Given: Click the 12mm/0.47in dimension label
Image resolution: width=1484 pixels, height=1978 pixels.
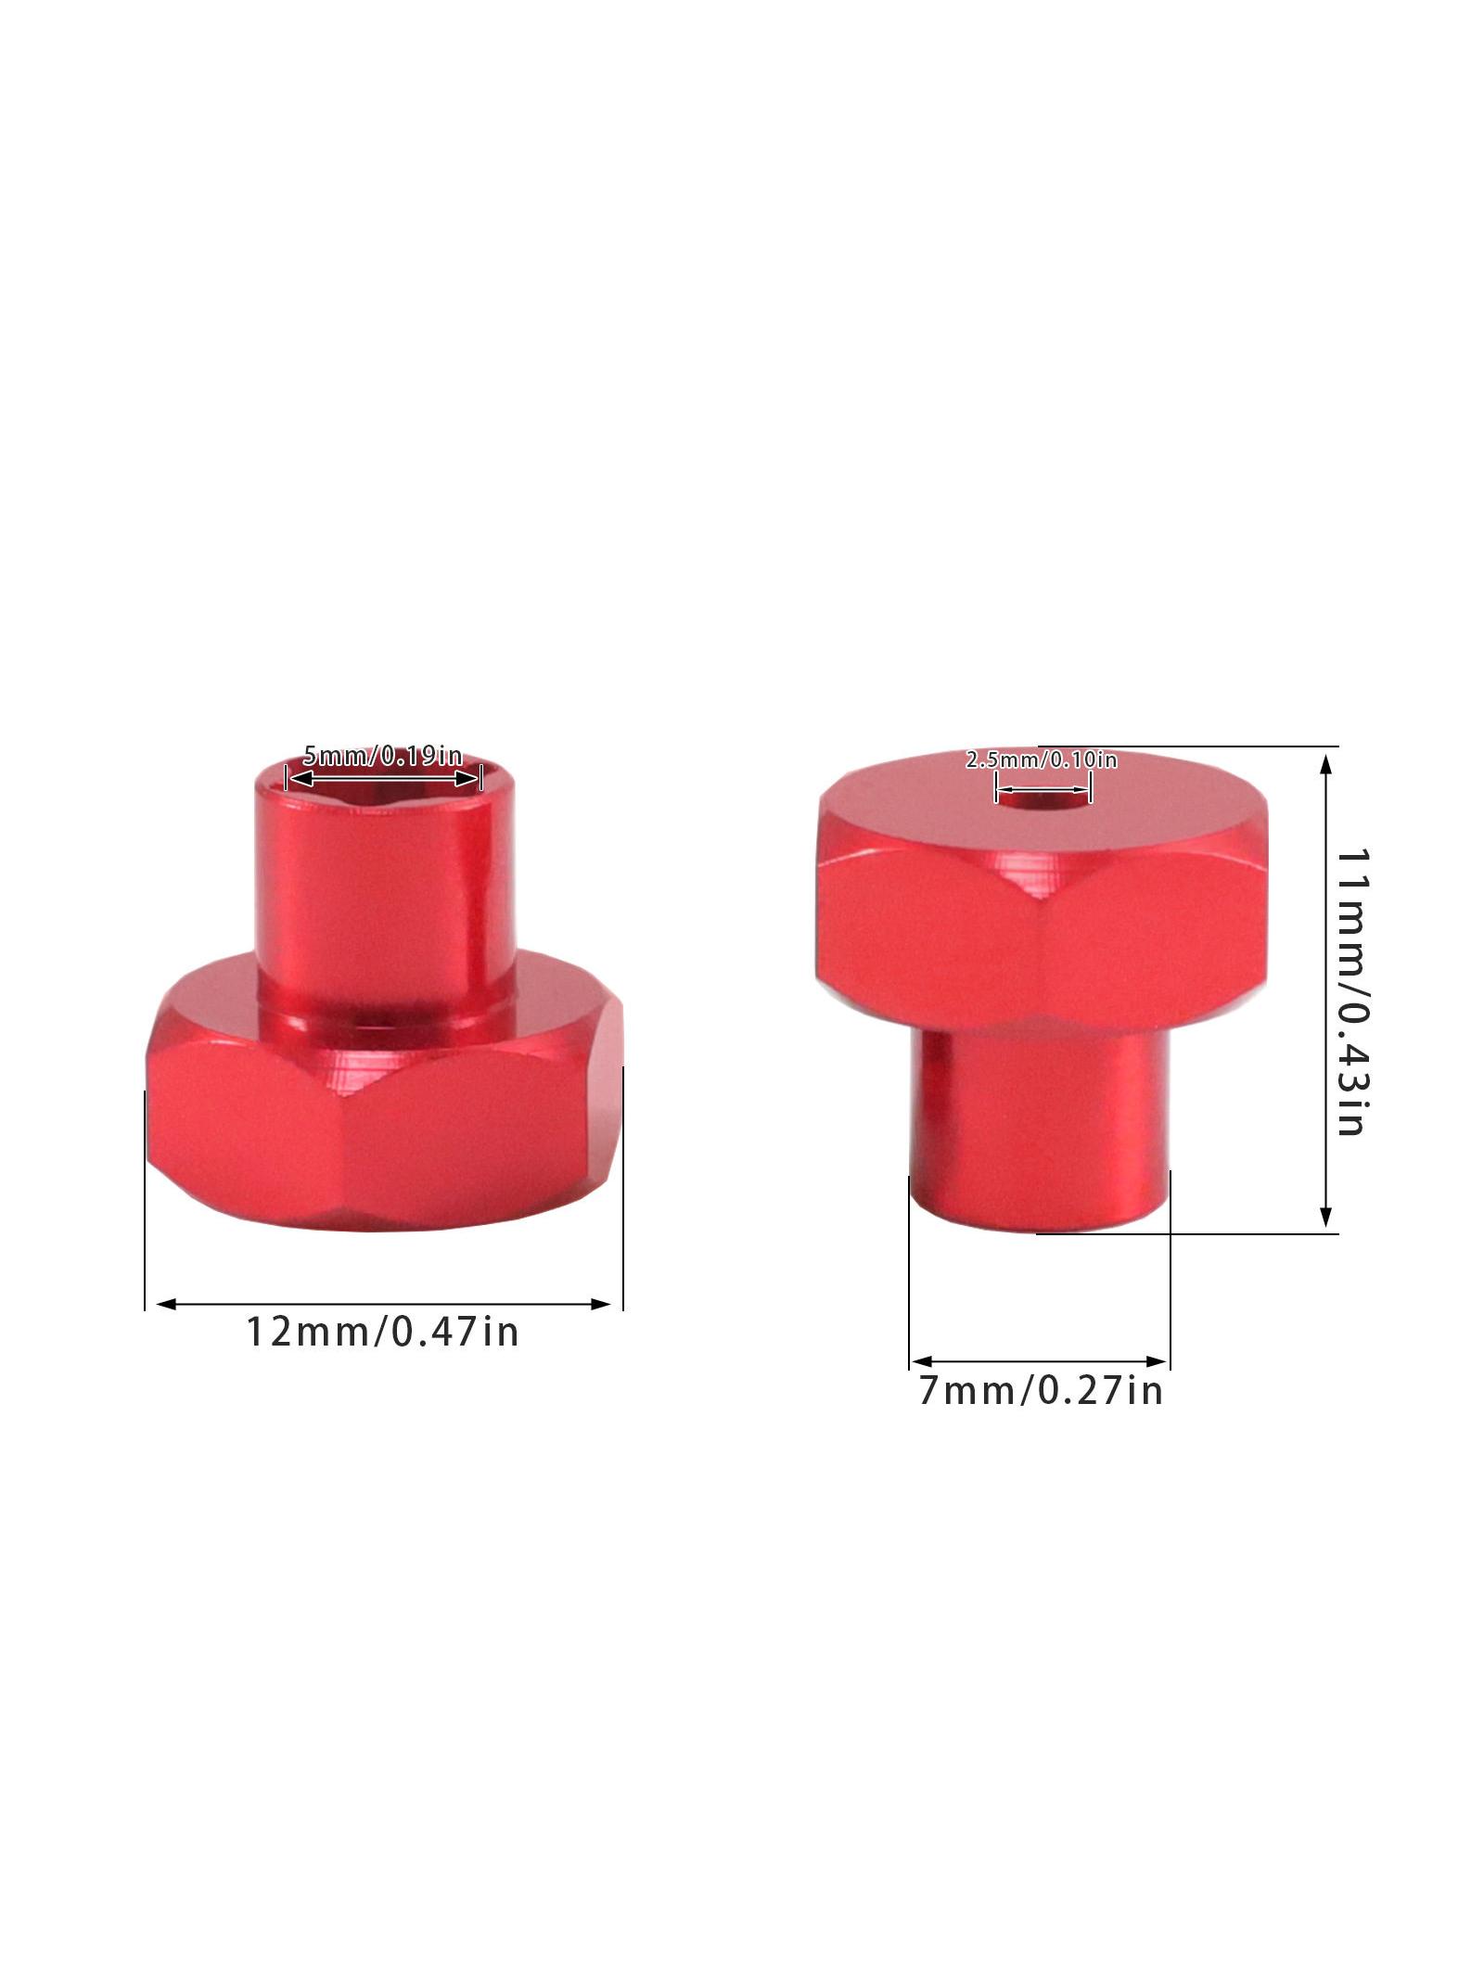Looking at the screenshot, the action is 381,1333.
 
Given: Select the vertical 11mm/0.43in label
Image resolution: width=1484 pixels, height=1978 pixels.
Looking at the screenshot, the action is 1350,991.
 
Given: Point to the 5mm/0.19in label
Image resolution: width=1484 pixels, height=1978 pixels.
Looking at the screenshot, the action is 382,756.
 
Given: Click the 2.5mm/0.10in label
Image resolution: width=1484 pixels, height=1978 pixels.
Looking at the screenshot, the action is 1042,760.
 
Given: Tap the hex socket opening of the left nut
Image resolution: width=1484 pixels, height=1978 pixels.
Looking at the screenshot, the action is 383,774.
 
